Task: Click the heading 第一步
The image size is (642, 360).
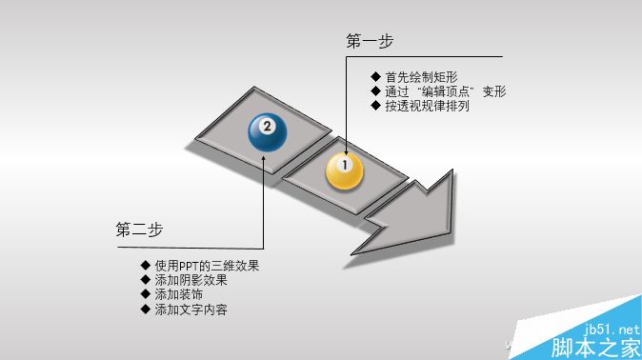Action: coord(370,41)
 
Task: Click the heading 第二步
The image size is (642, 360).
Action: coord(139,230)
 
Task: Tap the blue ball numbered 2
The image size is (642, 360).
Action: coord(267,131)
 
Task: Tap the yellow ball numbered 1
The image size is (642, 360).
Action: coord(345,170)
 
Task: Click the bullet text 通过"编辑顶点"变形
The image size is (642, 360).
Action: coord(445,91)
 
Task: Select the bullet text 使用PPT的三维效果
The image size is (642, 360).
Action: coord(207,266)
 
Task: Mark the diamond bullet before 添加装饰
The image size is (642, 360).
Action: coord(145,294)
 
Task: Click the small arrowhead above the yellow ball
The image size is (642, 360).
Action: coord(345,146)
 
